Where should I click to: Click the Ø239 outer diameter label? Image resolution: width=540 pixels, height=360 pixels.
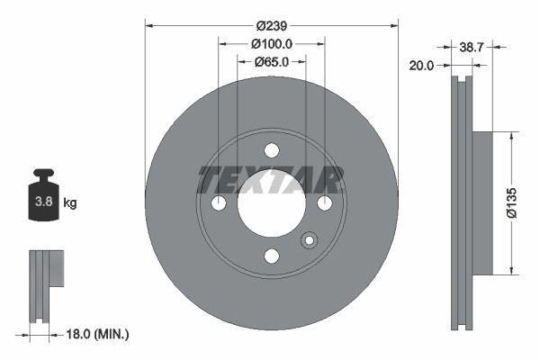[271, 27]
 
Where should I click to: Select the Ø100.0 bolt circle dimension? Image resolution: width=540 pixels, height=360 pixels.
[271, 44]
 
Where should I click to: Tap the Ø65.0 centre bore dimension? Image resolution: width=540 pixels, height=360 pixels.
[271, 61]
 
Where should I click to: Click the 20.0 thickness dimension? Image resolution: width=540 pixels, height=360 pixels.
[421, 66]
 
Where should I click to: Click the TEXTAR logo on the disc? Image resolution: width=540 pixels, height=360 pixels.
[271, 180]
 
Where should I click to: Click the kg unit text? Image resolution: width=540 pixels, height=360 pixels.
[70, 203]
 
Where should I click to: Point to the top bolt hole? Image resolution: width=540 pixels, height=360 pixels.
[272, 150]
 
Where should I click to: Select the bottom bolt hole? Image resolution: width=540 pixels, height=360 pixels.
[272, 256]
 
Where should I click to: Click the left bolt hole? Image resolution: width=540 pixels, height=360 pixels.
[219, 203]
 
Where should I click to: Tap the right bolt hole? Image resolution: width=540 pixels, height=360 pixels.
[324, 203]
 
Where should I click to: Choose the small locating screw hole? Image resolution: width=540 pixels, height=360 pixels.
[310, 240]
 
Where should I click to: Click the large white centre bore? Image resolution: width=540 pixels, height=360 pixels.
[272, 205]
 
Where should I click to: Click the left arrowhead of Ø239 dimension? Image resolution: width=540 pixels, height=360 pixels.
[149, 27]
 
